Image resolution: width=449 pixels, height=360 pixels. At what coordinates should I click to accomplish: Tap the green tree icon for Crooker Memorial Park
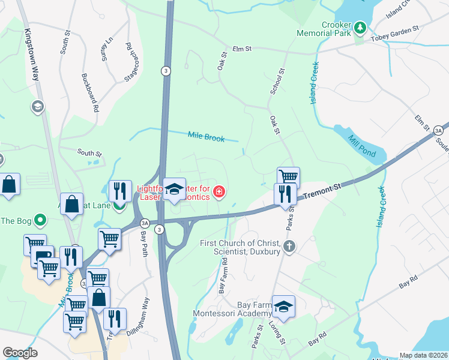360,28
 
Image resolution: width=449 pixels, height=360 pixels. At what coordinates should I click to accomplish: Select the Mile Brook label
206,137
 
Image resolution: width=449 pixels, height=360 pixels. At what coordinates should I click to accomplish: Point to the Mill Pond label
361,146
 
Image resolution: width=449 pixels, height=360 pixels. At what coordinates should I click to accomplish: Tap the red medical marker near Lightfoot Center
220,192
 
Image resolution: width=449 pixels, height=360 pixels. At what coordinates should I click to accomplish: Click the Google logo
20,353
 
